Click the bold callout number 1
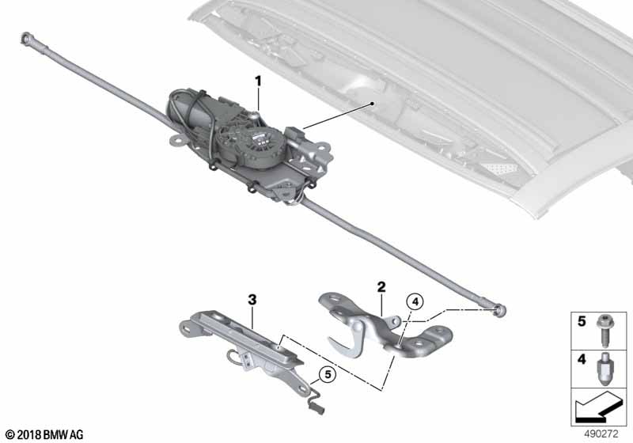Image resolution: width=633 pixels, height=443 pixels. point(257,81)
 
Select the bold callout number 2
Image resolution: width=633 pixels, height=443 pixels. point(381,286)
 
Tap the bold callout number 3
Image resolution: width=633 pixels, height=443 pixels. point(252,300)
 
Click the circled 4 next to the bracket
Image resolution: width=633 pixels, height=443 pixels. point(416,301)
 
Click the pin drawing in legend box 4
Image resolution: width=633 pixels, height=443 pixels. point(605,368)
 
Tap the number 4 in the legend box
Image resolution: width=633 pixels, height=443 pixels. point(582,360)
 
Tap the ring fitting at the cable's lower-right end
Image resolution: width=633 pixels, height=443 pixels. point(498,309)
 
